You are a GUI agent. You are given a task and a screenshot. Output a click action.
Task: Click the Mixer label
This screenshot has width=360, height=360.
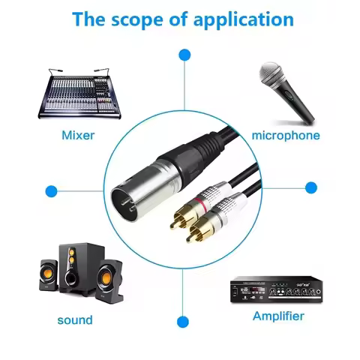(x=78, y=136)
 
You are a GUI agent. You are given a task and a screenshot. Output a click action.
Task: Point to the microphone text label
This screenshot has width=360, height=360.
(x=286, y=136)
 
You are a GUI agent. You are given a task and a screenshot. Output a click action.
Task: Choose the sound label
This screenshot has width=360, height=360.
(x=75, y=320)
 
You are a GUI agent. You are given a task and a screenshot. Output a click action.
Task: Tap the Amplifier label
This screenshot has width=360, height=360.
(x=279, y=316)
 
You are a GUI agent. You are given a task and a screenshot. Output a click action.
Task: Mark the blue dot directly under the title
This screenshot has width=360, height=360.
(x=183, y=55)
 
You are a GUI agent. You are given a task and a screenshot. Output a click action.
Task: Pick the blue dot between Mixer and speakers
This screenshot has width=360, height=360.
(x=51, y=191)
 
